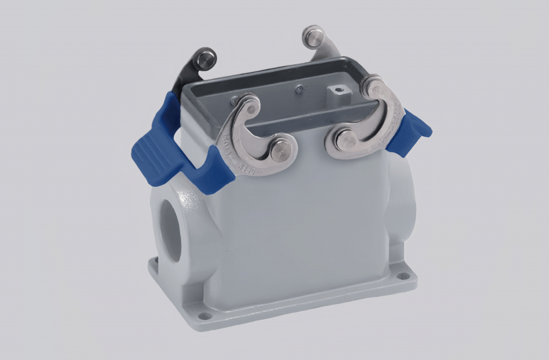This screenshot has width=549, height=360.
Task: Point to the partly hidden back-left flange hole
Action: [156, 262]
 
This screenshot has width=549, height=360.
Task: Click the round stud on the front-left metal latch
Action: [281, 149]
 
